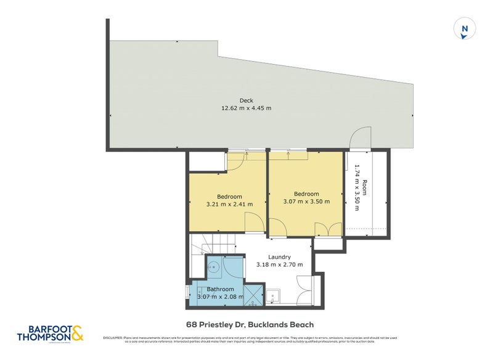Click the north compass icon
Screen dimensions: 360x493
[465, 29]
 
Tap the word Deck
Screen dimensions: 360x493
[246, 101]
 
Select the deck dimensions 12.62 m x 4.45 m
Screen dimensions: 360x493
[246, 108]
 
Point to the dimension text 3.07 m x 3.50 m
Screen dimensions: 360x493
[306, 202]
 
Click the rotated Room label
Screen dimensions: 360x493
[364, 188]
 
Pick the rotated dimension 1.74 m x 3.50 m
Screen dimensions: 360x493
[356, 191]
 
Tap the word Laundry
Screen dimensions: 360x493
[279, 257]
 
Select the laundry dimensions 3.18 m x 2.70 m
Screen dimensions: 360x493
[279, 264]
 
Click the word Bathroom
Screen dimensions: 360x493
[220, 289]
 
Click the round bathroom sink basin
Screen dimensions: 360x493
[214, 267]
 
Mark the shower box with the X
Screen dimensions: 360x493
[253, 295]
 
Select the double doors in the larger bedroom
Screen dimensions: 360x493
[328, 229]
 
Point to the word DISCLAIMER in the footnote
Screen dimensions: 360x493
[113, 338]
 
